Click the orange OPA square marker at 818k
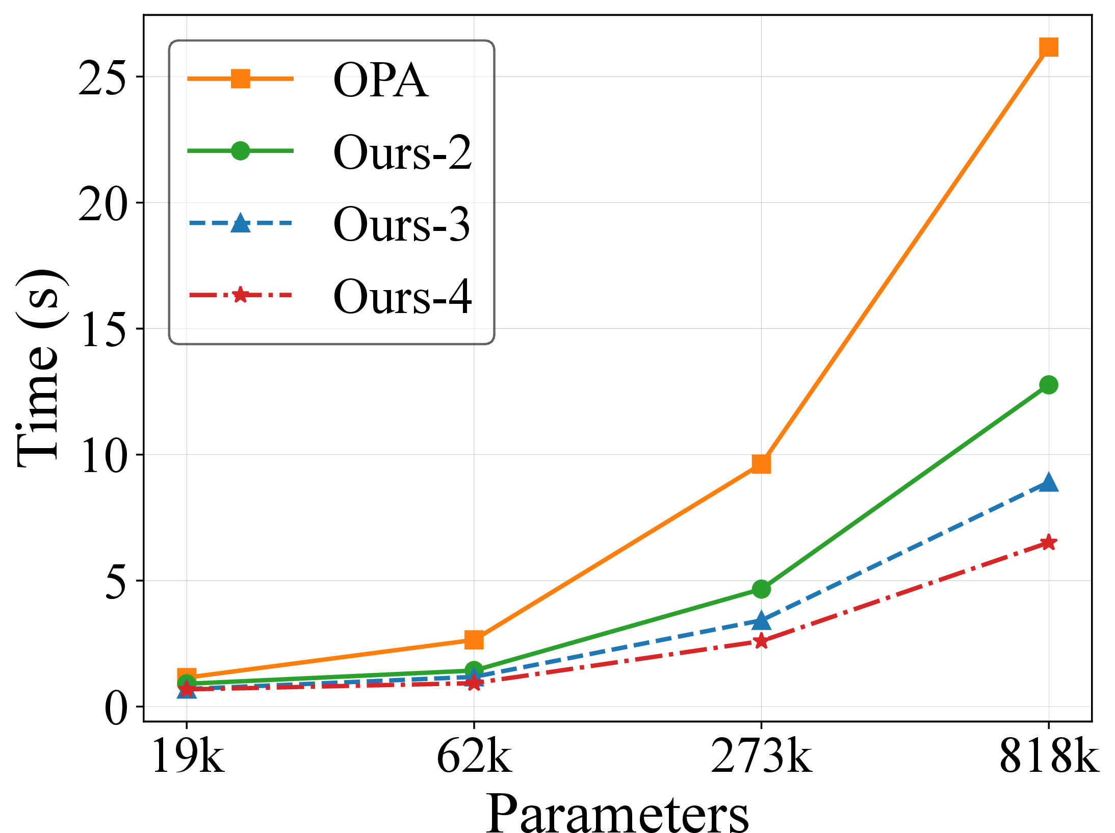1048,47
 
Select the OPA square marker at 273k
761,464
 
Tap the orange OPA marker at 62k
474,639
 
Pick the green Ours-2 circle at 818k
1048,385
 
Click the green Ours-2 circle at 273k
761,589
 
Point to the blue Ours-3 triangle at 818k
1048,482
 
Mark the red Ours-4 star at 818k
1048,542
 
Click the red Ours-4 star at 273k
761,641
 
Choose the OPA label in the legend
380,80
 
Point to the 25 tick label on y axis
102,77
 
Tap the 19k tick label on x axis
188,758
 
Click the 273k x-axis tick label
761,758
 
